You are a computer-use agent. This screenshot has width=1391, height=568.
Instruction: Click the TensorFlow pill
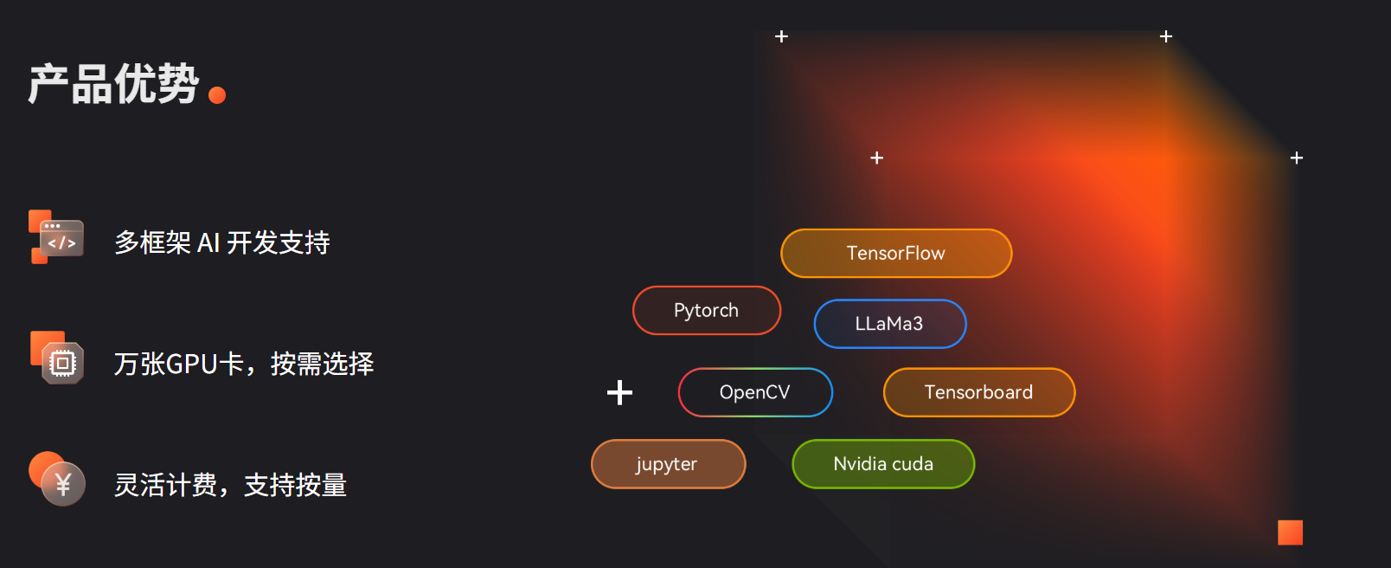pos(896,253)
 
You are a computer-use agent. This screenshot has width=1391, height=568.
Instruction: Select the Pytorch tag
pos(707,310)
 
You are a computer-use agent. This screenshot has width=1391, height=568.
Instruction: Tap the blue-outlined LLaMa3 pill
pos(889,324)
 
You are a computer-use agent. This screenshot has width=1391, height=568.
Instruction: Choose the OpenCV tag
pos(755,392)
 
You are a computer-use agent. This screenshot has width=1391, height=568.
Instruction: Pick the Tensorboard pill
pos(978,392)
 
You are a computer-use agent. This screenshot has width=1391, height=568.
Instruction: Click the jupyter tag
pos(667,464)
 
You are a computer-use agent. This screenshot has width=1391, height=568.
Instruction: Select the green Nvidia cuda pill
pos(883,464)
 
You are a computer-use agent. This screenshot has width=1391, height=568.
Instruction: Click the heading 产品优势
pos(114,85)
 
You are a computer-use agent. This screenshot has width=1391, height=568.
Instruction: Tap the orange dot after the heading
pos(217,95)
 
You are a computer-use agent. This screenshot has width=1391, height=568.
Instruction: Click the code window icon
pos(58,237)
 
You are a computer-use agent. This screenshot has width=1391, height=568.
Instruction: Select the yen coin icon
pos(61,481)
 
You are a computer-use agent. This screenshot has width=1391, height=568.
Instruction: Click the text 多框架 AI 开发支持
pos(222,242)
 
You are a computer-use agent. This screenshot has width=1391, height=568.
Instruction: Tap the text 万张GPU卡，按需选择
pos(244,364)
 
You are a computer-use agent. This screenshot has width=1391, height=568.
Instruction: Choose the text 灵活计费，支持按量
pos(230,485)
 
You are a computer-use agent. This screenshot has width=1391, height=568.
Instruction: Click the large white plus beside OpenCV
pos(619,392)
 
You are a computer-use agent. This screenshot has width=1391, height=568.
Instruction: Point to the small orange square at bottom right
pos(1290,532)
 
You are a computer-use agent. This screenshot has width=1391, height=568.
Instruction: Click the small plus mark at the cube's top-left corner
pos(781,36)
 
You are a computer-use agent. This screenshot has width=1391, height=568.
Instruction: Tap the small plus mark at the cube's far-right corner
pos(1297,158)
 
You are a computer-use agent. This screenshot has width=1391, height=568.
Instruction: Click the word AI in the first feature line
pos(208,242)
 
